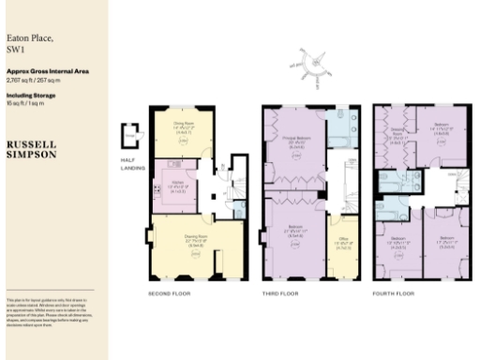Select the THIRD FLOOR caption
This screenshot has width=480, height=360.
279,293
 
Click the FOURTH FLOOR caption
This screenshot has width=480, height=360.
392,293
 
